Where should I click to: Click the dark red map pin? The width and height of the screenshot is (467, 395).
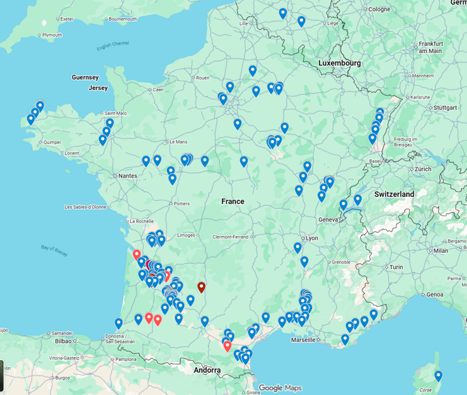pos(202,288)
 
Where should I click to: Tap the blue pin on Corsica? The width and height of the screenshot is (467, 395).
pos(439,376)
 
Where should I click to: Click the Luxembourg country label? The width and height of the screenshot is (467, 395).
pos(339,63)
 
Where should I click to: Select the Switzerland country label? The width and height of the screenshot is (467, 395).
pos(394,194)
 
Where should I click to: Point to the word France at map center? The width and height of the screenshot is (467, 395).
pos(233,201)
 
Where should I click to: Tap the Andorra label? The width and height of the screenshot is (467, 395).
pos(207,370)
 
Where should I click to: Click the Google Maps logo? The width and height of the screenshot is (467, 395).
pos(279,387)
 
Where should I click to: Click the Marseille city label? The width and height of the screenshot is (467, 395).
pos(303,339)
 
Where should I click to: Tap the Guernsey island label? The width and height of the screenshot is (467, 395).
pos(85,78)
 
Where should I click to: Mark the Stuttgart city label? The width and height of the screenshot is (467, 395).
pos(445,107)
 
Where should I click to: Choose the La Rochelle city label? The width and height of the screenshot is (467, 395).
pos(141,221)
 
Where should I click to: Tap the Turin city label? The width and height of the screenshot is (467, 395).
pos(395,267)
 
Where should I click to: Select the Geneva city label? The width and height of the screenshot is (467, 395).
pos(330,219)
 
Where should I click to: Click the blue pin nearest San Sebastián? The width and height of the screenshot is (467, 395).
pos(118,324)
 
